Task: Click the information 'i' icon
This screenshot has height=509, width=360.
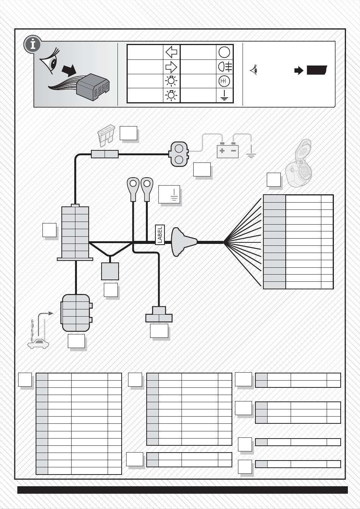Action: pyautogui.click(x=33, y=45)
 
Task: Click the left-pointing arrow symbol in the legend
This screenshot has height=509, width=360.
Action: pyautogui.click(x=171, y=52)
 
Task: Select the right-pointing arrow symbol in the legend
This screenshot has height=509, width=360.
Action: pyautogui.click(x=171, y=67)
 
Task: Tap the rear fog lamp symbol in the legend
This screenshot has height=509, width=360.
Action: pyautogui.click(x=225, y=67)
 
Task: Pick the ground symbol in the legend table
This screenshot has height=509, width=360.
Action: pyautogui.click(x=224, y=95)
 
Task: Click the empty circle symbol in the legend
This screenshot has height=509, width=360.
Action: pyautogui.click(x=224, y=52)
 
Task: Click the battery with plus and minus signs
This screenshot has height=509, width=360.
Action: pyautogui.click(x=227, y=151)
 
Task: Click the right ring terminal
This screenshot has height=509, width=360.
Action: pyautogui.click(x=147, y=188)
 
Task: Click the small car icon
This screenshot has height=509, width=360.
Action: pyautogui.click(x=38, y=343)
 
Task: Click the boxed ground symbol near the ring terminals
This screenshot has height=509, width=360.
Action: pyautogui.click(x=169, y=194)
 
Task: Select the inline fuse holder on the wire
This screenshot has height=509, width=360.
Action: pyautogui.click(x=105, y=154)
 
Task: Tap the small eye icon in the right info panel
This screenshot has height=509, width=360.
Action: pyautogui.click(x=254, y=70)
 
